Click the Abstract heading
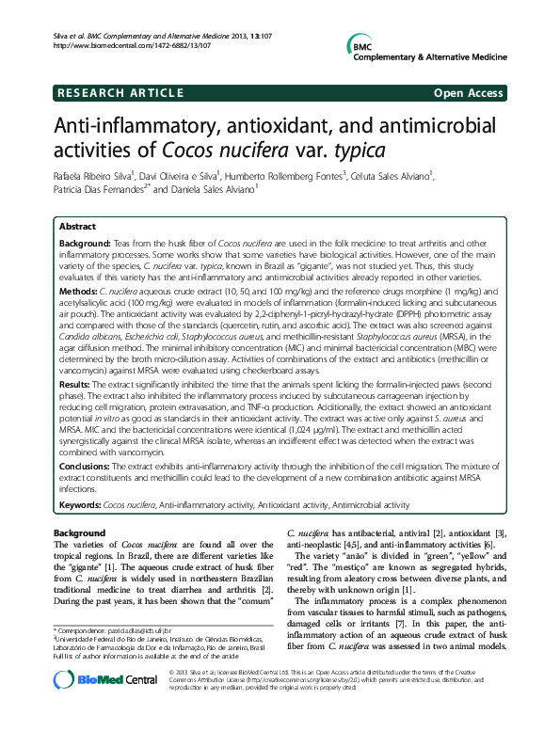coord(77,227)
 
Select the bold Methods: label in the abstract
coord(80,293)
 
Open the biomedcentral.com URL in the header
coord(114,44)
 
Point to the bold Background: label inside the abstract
coord(86,243)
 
